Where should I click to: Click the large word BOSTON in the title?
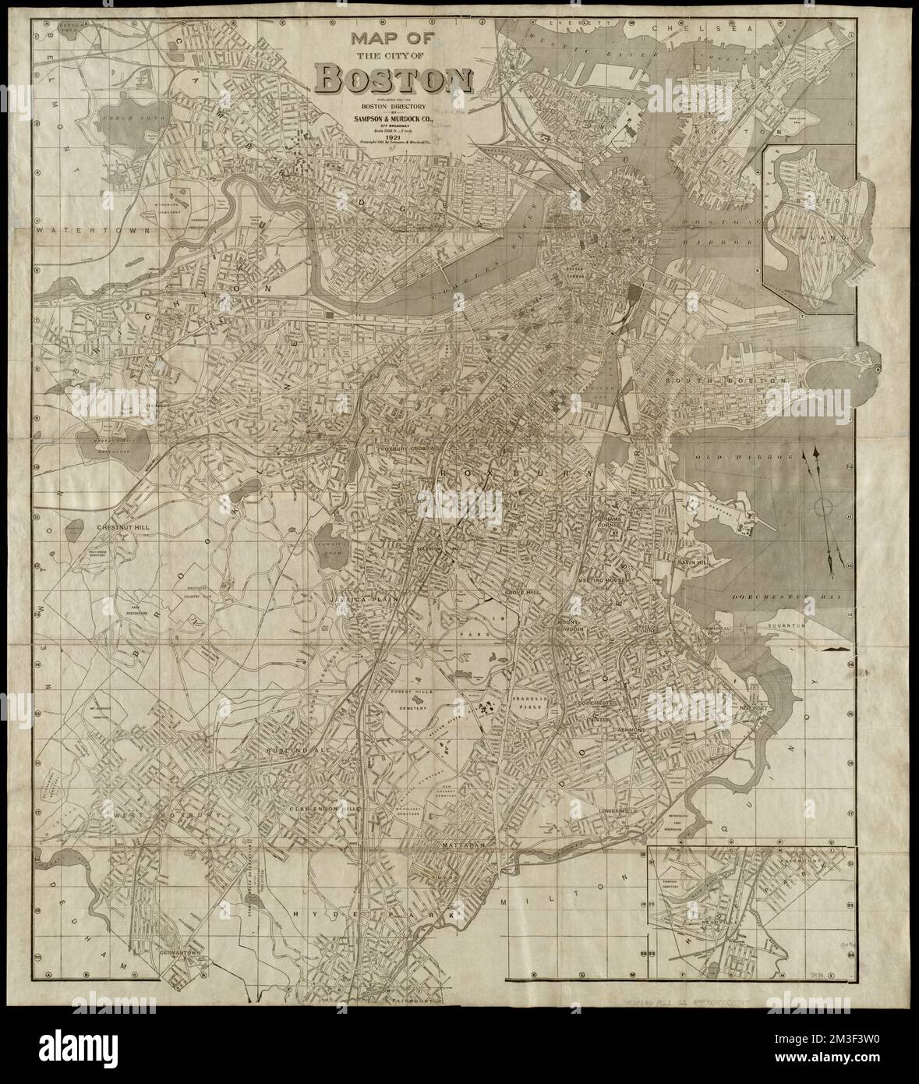coord(394,79)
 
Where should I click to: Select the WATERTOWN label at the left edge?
coord(75,232)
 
